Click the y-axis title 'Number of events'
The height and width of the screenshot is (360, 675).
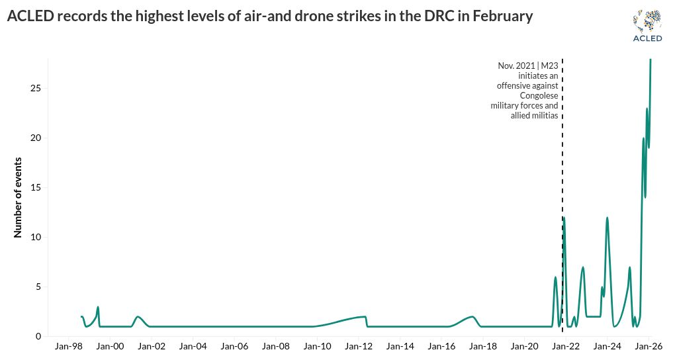point(18,197)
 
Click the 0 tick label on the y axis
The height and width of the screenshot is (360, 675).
point(38,336)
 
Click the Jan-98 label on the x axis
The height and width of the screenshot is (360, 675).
point(69,347)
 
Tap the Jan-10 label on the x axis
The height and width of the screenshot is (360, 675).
point(318,347)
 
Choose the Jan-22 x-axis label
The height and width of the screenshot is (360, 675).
point(566,347)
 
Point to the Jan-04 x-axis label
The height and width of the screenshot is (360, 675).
point(193,347)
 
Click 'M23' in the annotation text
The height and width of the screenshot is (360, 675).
point(549,66)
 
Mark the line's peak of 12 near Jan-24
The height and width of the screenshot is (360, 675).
point(607,218)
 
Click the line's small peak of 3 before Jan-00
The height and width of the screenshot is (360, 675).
point(98,307)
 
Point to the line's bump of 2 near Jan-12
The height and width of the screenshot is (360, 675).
point(364,317)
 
